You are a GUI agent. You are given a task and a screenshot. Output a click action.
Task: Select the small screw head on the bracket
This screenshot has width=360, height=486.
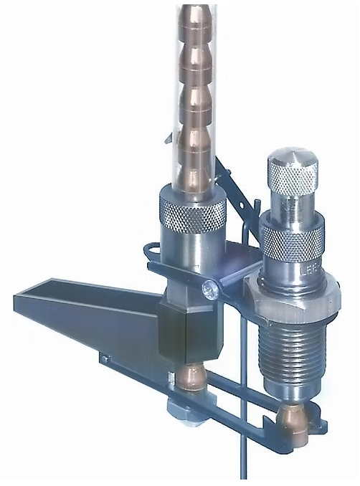[x=209, y=288]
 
